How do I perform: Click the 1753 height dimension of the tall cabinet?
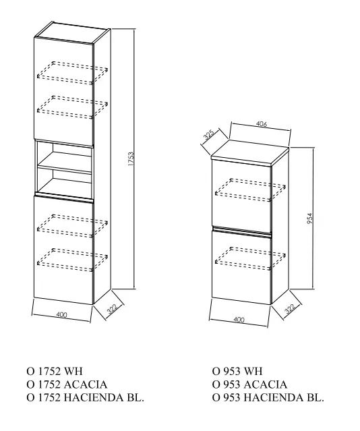tap(131, 159)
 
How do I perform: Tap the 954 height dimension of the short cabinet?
tap(309, 219)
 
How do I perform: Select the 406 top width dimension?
tap(262, 124)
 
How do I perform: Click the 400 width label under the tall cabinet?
tap(61, 314)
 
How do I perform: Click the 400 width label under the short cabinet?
tap(239, 320)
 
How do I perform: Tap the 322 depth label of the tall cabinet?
tap(112, 308)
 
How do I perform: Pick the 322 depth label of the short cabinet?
tap(290, 308)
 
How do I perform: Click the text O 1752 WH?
tap(55, 371)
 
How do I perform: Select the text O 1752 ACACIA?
tap(67, 384)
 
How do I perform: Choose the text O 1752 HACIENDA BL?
tap(85, 397)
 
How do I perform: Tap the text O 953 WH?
tap(237, 371)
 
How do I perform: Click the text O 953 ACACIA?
tap(249, 384)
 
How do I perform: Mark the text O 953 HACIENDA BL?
tap(268, 397)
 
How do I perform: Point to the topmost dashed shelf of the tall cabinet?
tap(72, 73)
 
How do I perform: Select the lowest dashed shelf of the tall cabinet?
tap(72, 260)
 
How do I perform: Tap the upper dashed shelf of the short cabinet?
tap(250, 190)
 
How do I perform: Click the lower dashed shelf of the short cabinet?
tap(250, 259)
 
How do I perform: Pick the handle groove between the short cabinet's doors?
tap(242, 231)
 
